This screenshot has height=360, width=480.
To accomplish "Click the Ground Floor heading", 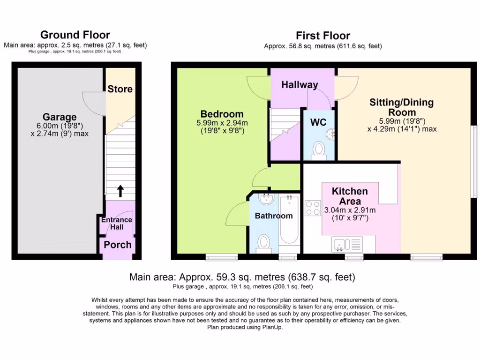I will coord(75,35).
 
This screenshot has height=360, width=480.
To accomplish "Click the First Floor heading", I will coord(322,36).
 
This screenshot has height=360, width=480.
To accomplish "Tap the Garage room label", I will coord(60,117).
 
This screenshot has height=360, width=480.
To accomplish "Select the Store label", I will coord(120,89).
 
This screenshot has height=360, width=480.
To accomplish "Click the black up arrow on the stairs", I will coord(120,190).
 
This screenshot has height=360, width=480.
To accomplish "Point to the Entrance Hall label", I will coord(117,223).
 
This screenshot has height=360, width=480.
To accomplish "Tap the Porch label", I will coord(118,245).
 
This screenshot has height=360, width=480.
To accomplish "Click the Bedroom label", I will coord(222,114).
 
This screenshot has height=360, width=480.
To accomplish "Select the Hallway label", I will coord(300,85).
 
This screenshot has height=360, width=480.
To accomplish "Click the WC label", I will coord(318,122).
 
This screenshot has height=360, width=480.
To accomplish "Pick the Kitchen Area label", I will coord(350,196).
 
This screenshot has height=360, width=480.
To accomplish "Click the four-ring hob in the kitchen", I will coord(313,208).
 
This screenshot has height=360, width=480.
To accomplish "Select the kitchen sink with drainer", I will coord(347,244).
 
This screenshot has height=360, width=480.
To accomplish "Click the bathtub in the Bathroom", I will coord(289,220).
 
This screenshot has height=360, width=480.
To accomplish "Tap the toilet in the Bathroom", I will coord(263,243).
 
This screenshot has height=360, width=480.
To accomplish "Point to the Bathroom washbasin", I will coord(266,199).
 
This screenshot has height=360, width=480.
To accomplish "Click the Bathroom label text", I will coord(273,216).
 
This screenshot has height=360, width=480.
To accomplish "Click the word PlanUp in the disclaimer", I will coord(273,327).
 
